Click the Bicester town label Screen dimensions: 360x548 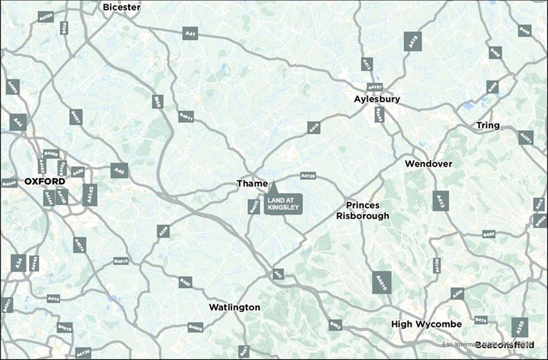coord(121,7)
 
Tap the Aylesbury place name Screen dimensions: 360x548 coord(377,100)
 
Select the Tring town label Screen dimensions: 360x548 coord(488,125)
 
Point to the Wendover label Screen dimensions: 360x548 coord(428,164)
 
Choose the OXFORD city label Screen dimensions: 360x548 coord(44,181)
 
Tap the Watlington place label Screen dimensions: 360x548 coord(235,307)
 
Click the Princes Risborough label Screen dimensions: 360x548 coord(367,210)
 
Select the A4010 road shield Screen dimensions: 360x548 coord(382,282)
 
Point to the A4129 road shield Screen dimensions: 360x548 coord(308,177)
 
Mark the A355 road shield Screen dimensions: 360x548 coord(520,327)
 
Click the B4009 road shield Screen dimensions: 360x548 coord(195,327)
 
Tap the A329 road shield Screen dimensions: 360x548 coord(163,231)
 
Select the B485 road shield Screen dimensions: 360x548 coord(489,235)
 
